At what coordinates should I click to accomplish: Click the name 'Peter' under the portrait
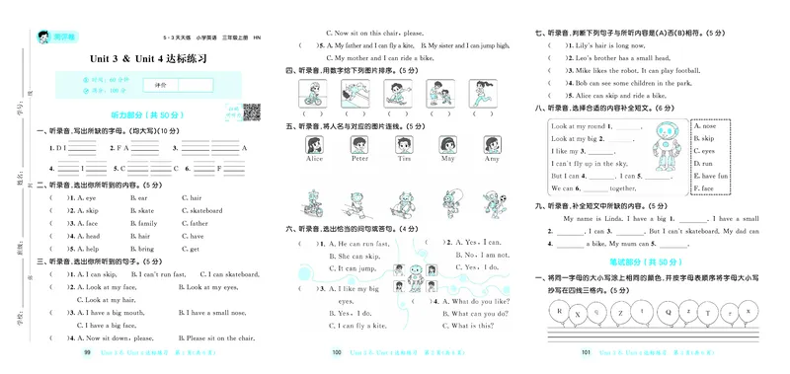point(359,158)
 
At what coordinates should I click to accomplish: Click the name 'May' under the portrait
point(447,158)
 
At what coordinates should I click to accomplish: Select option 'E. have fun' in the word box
point(711,175)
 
